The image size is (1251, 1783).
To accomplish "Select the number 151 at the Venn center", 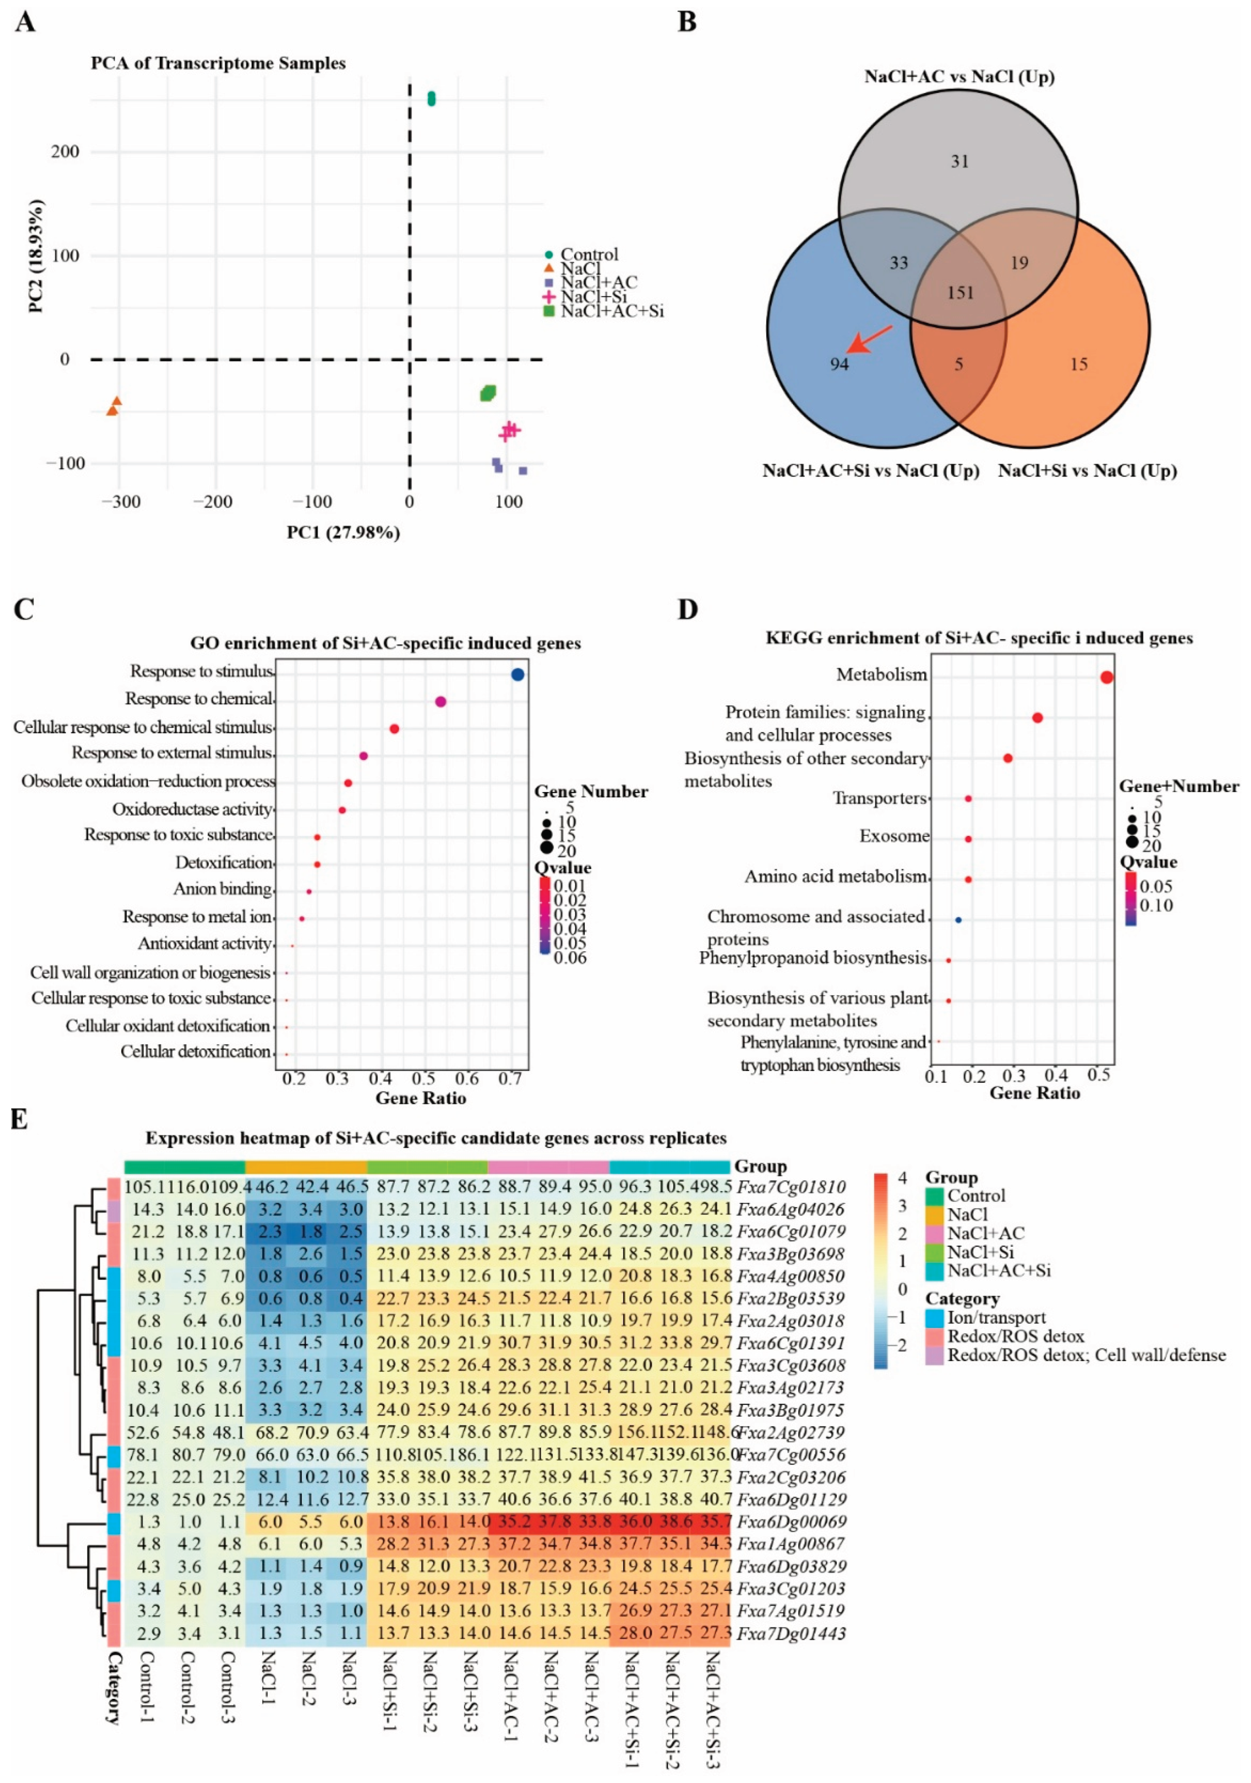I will (960, 293).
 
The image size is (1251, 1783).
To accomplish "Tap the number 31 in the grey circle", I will (960, 162).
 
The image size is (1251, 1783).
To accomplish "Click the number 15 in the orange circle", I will (1079, 364).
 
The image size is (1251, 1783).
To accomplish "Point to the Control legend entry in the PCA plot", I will (589, 255).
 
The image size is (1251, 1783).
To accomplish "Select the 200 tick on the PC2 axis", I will (65, 152).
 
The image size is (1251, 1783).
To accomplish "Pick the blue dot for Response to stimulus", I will (518, 675).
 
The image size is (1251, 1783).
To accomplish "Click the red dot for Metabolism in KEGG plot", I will (1107, 677).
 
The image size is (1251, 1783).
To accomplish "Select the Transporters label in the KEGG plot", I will (879, 798).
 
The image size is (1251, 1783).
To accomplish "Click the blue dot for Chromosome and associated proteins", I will (958, 919).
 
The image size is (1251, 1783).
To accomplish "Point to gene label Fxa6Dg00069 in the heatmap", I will (790, 1521).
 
